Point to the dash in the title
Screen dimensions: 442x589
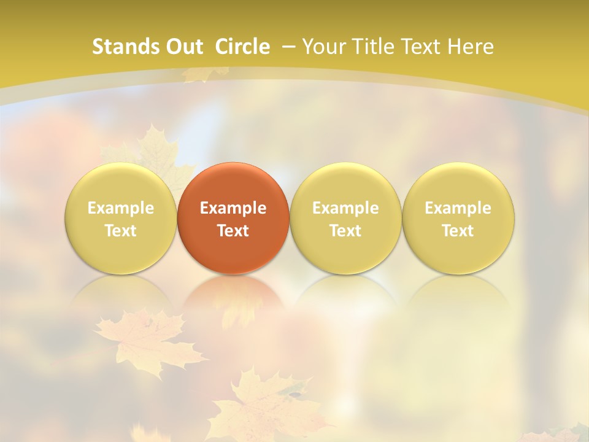[288, 47]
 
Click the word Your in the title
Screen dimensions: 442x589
[323, 47]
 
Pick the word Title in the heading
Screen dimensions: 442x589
[371, 47]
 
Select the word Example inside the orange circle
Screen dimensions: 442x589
[233, 208]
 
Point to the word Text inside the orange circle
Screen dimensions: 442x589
[233, 231]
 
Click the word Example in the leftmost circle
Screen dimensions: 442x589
[121, 208]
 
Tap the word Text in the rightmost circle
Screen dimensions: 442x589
[458, 231]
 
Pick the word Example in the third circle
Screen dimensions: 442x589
[345, 208]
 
